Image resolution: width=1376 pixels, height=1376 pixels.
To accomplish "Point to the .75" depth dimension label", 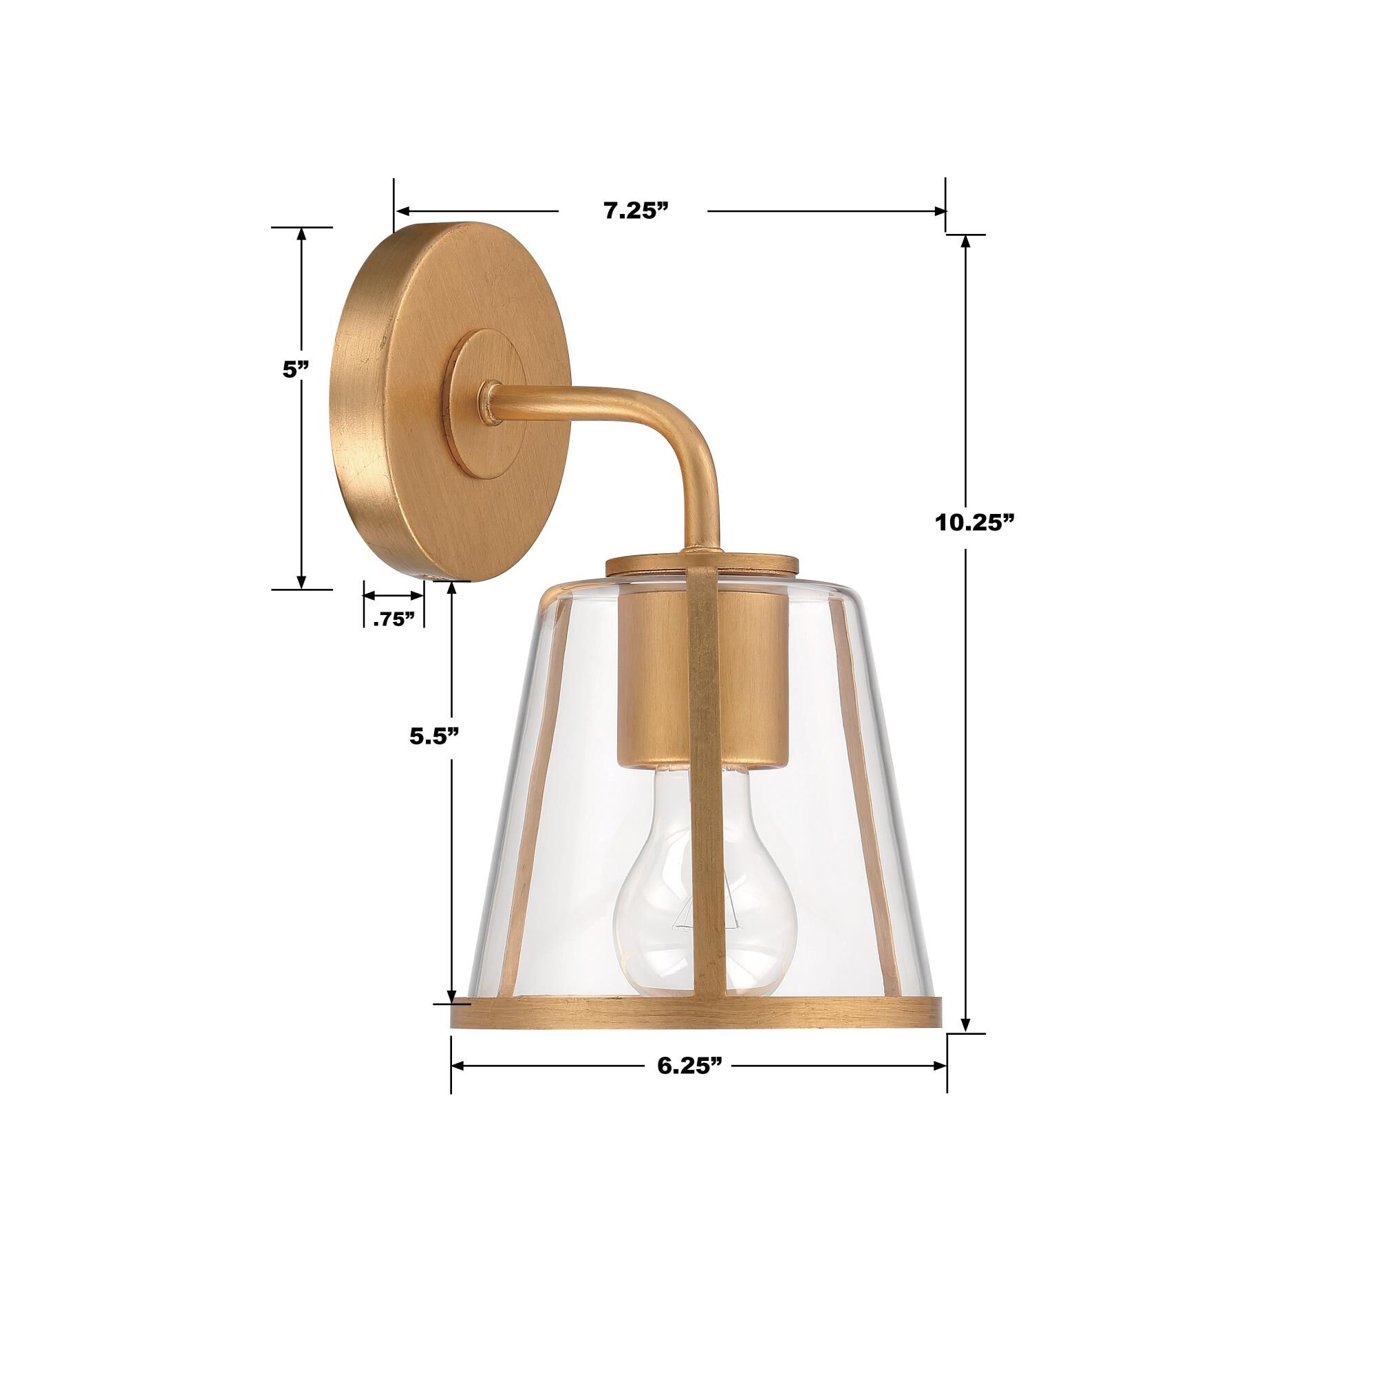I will [394, 619].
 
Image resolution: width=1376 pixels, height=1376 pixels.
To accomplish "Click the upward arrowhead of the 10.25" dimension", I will [966, 242].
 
